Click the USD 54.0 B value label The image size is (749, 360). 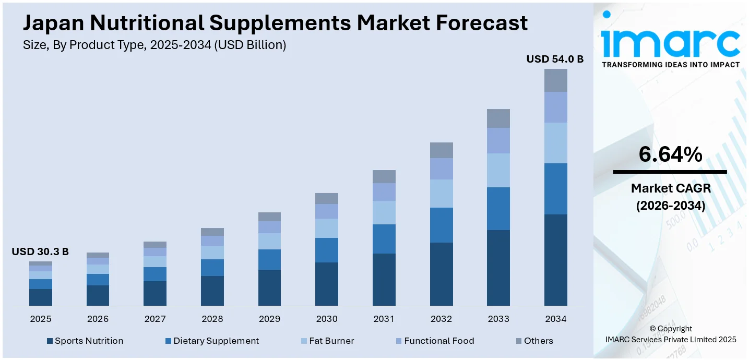(x=555, y=59)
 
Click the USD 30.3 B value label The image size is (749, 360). (x=40, y=252)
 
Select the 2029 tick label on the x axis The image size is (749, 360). (x=269, y=319)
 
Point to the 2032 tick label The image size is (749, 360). (x=441, y=319)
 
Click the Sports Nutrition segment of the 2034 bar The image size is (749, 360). (x=555, y=260)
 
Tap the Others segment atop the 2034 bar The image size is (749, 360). (x=555, y=80)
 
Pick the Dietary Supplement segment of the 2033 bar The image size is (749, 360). (x=498, y=209)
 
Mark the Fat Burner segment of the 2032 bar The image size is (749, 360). (x=441, y=194)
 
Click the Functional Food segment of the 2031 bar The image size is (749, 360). (x=384, y=192)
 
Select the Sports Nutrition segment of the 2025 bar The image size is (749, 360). (x=41, y=297)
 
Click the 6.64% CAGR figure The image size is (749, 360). (x=670, y=154)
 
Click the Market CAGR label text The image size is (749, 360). (x=670, y=188)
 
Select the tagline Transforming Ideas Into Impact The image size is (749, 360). (x=670, y=65)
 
